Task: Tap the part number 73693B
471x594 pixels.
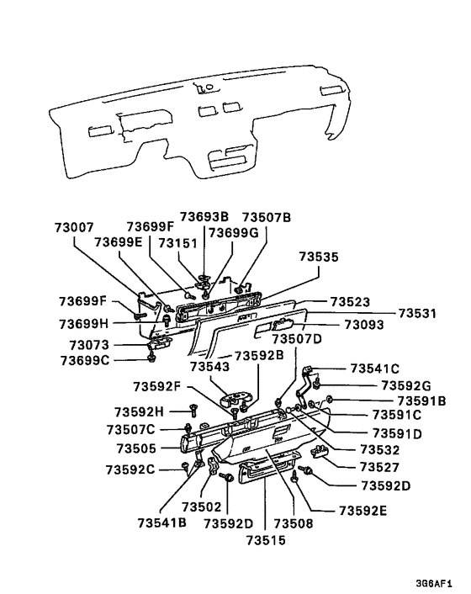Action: pos(206,217)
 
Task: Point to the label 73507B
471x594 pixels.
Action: pos(267,217)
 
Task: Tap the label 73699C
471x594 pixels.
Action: pos(85,361)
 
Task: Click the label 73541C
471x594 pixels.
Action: pos(374,368)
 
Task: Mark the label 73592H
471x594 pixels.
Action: pos(135,411)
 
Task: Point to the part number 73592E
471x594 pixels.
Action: pos(364,510)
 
